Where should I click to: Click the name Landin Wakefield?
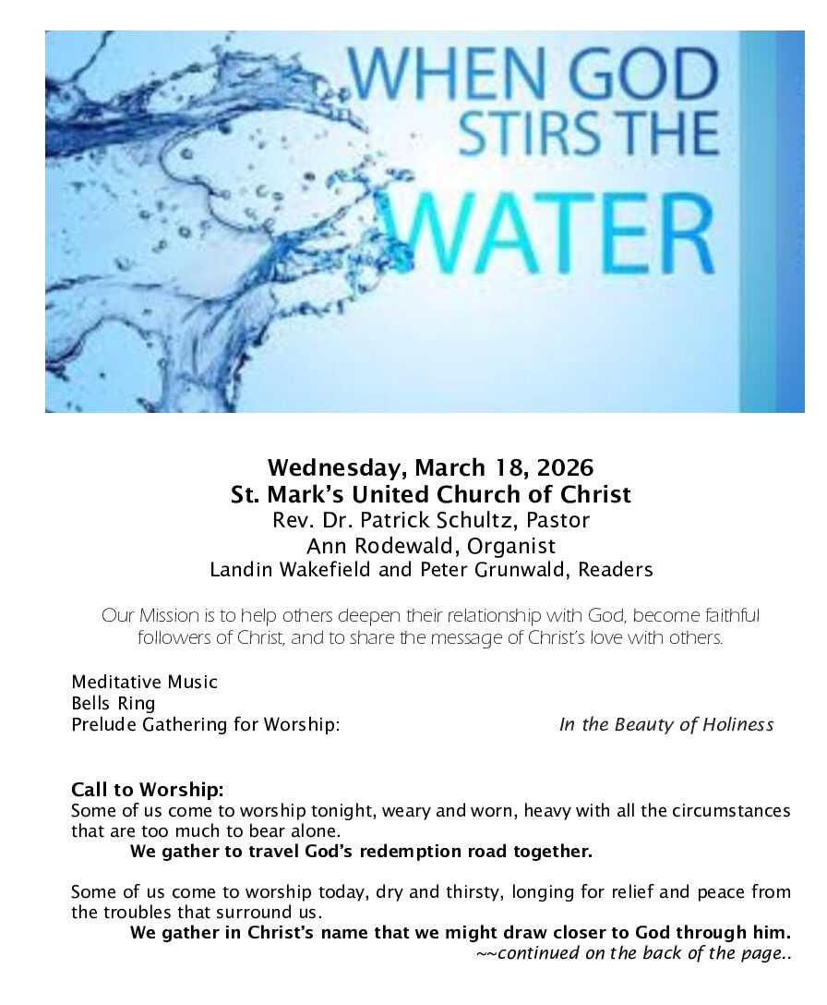(292, 570)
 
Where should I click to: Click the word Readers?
(616, 570)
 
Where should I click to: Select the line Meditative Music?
(144, 683)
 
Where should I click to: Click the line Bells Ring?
(114, 704)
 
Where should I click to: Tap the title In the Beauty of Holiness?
(665, 725)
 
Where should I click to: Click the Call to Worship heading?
(148, 791)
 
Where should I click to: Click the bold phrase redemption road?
(444, 852)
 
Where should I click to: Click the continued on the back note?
(634, 953)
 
